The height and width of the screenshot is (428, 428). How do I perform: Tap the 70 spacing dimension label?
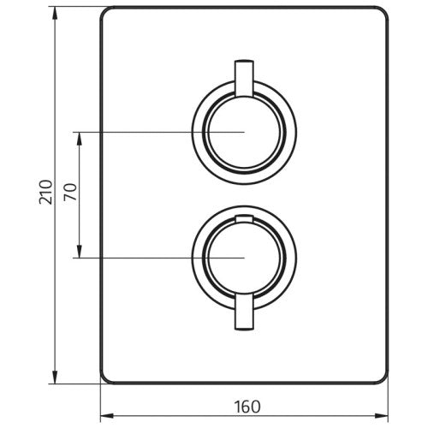coord(69,193)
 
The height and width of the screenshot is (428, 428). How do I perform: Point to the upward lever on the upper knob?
coord(242,75)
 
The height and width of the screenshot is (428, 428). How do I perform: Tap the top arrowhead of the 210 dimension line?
coord(56,14)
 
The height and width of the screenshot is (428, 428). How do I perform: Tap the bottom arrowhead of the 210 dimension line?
coord(56,377)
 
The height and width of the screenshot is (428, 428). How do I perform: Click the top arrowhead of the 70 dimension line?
coord(80,137)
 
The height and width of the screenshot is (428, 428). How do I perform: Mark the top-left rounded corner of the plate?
coord(108,15)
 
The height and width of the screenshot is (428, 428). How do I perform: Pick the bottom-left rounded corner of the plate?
coord(108,377)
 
